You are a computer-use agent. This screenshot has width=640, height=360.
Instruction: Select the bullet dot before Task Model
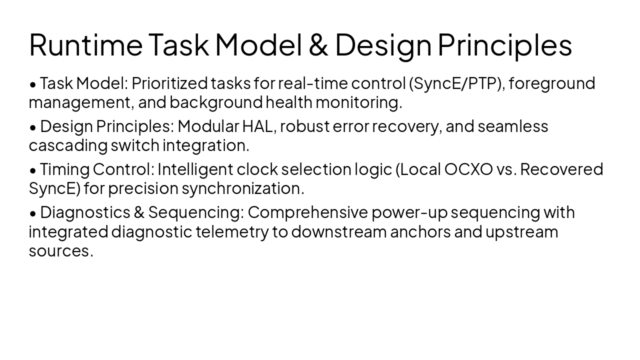click(x=33, y=84)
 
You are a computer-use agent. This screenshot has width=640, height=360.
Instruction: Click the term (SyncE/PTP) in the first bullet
click(x=455, y=83)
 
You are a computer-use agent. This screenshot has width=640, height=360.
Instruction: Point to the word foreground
click(x=552, y=83)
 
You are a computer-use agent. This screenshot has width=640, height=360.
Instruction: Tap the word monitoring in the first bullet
click(x=358, y=102)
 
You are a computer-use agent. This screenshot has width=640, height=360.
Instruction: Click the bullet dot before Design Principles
click(x=33, y=127)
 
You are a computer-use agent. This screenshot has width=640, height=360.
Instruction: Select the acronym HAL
click(x=258, y=126)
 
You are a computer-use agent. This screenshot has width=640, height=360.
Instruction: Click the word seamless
click(x=513, y=126)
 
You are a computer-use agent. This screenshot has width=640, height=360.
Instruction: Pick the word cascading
click(x=68, y=145)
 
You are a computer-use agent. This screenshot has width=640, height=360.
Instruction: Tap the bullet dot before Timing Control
click(x=33, y=170)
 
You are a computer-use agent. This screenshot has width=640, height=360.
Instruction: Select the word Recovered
click(x=561, y=169)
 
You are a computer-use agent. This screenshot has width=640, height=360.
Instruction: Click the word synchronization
click(x=242, y=188)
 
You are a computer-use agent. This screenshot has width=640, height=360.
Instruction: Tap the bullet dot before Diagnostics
click(x=33, y=213)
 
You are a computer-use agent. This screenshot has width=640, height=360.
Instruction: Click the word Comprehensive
click(x=307, y=212)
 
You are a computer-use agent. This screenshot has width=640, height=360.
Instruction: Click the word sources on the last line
click(x=61, y=251)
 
